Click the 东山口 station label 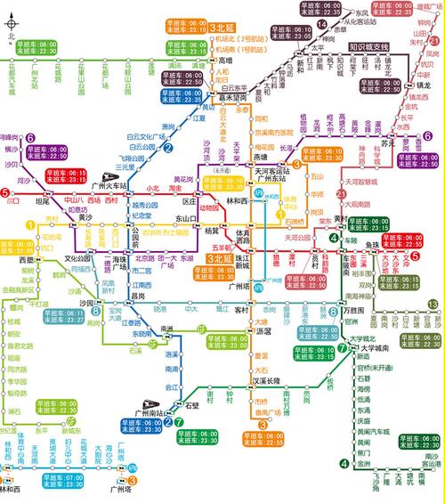[x=185, y=219]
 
